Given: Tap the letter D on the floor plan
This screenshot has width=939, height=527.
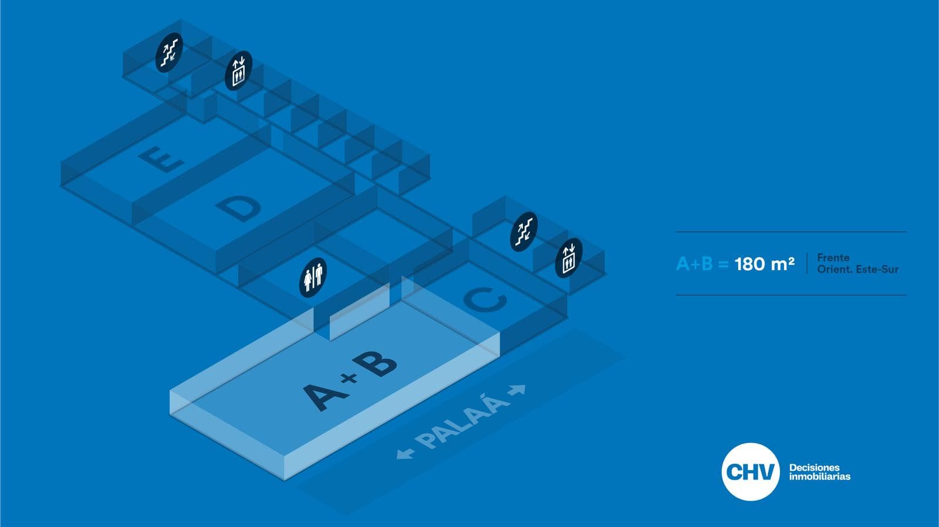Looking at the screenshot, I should [239, 208].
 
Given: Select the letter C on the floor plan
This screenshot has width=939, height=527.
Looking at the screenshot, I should [485, 300].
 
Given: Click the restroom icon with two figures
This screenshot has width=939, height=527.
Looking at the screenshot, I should [313, 277].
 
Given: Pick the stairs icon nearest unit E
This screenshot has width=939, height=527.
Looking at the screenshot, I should [169, 52].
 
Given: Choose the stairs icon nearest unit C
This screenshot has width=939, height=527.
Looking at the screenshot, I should [523, 232].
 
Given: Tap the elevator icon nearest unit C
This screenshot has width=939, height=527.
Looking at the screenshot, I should [568, 258].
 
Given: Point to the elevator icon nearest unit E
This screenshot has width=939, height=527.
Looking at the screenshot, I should [238, 71].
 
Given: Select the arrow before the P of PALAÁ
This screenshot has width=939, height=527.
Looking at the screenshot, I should [405, 453].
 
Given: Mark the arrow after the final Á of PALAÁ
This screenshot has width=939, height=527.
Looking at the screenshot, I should [518, 389].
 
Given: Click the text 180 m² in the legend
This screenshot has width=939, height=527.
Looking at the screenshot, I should [764, 264].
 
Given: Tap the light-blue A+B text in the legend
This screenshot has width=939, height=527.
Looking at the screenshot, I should [694, 264].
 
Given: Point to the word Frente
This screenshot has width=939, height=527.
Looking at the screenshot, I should [833, 257].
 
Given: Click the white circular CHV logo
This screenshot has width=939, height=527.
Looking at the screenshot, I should [750, 472].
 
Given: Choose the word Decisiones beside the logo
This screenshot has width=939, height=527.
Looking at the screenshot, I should [814, 467].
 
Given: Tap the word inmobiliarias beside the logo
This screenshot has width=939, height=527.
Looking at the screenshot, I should [819, 477].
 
